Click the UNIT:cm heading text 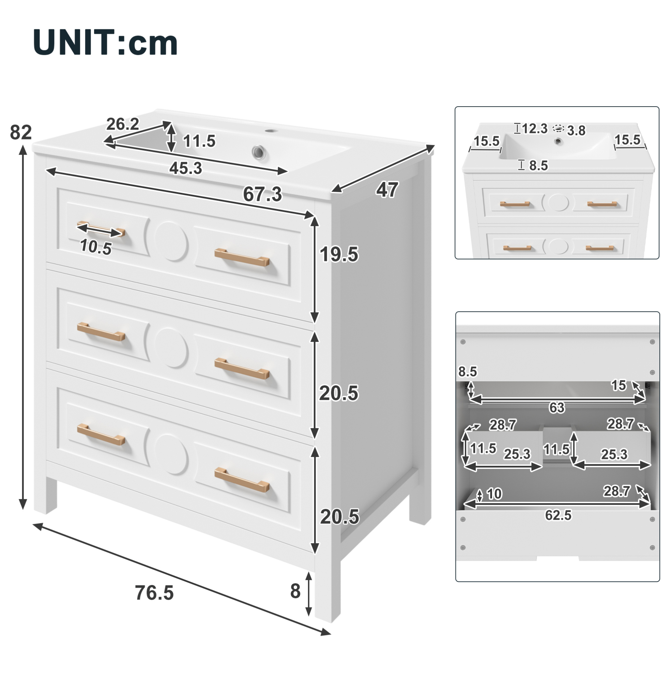(105, 42)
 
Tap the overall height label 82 (21, 133)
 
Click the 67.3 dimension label (262, 194)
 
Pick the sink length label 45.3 (186, 169)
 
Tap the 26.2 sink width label (123, 124)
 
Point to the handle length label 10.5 (96, 247)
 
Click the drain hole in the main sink (259, 152)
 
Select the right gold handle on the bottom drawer (242, 480)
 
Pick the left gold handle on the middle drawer (101, 332)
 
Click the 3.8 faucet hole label (576, 131)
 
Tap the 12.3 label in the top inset (535, 128)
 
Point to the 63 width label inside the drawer (557, 407)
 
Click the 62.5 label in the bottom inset (558, 515)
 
